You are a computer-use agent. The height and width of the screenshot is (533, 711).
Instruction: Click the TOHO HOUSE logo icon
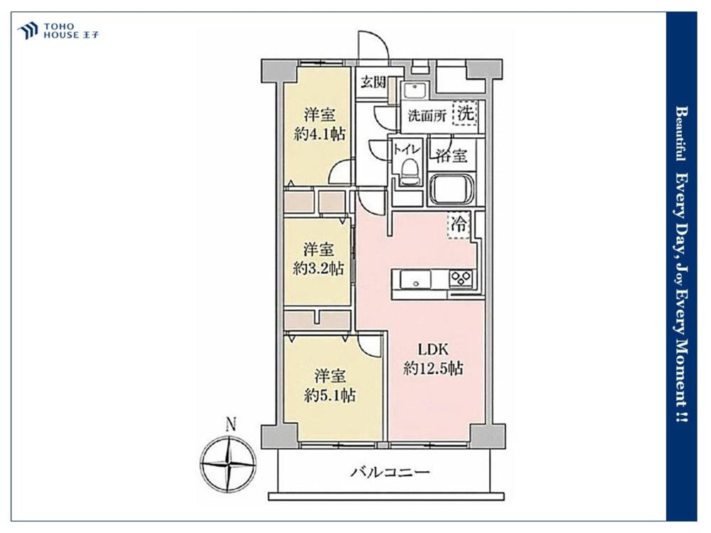pyautogui.click(x=28, y=31)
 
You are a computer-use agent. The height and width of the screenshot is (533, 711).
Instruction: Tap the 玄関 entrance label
pyautogui.click(x=373, y=82)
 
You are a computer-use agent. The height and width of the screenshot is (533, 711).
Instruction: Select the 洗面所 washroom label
pyautogui.click(x=427, y=116)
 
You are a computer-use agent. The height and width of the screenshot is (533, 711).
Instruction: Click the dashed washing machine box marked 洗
pyautogui.click(x=466, y=113)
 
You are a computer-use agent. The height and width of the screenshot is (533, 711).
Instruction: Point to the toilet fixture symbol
pyautogui.click(x=410, y=172)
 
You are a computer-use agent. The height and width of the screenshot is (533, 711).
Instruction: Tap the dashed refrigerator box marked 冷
pyautogui.click(x=459, y=225)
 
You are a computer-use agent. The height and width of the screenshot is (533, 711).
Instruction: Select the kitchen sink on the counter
pyautogui.click(x=415, y=279)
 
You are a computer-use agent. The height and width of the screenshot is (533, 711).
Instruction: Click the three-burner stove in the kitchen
pyautogui.click(x=461, y=279)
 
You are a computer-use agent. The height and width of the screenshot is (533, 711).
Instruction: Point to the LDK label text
pyautogui.click(x=433, y=349)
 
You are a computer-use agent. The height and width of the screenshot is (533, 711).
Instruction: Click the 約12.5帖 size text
pyautogui.click(x=433, y=368)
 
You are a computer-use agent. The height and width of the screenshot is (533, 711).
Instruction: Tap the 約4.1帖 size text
pyautogui.click(x=320, y=134)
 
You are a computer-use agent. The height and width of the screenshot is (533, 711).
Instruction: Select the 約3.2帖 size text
pyautogui.click(x=319, y=269)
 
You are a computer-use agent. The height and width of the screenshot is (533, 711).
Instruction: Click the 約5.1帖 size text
pyautogui.click(x=330, y=396)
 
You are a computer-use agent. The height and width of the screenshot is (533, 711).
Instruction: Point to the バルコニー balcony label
pyautogui.click(x=390, y=473)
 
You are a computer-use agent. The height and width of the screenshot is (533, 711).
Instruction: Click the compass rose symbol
pyautogui.click(x=228, y=465)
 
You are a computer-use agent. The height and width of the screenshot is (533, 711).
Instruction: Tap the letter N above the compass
pyautogui.click(x=231, y=424)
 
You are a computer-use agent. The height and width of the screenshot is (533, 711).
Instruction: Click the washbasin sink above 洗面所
pyautogui.click(x=415, y=90)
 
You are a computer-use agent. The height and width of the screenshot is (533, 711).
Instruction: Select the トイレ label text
pyautogui.click(x=407, y=149)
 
